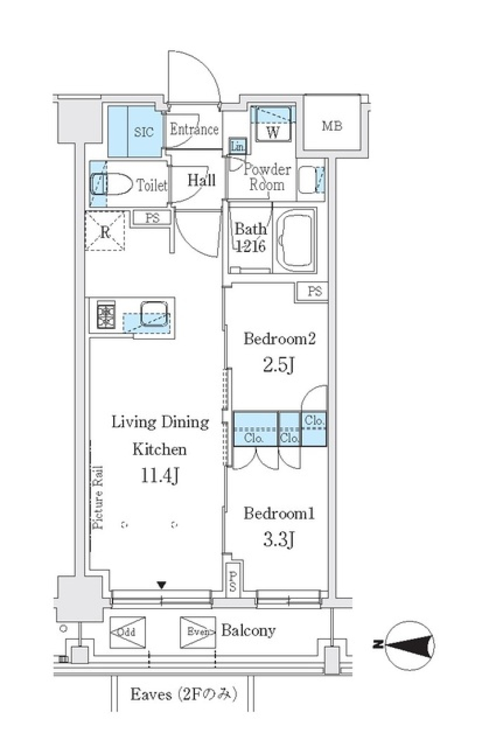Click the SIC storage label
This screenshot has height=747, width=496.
point(144,132)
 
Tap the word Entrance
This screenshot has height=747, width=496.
point(194,129)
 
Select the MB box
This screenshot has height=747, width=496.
point(332,126)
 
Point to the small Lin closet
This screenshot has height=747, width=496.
point(237,147)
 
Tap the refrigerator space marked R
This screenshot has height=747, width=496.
point(105,232)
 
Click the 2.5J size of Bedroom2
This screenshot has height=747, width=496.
point(278,365)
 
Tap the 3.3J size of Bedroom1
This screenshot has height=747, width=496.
point(278,540)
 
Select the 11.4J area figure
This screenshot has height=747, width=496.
point(160,476)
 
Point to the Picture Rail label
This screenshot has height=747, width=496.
point(98,497)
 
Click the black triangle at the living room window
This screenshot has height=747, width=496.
point(162,585)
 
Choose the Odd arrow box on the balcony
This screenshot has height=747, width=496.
point(127,632)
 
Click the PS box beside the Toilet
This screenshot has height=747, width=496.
point(152,219)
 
